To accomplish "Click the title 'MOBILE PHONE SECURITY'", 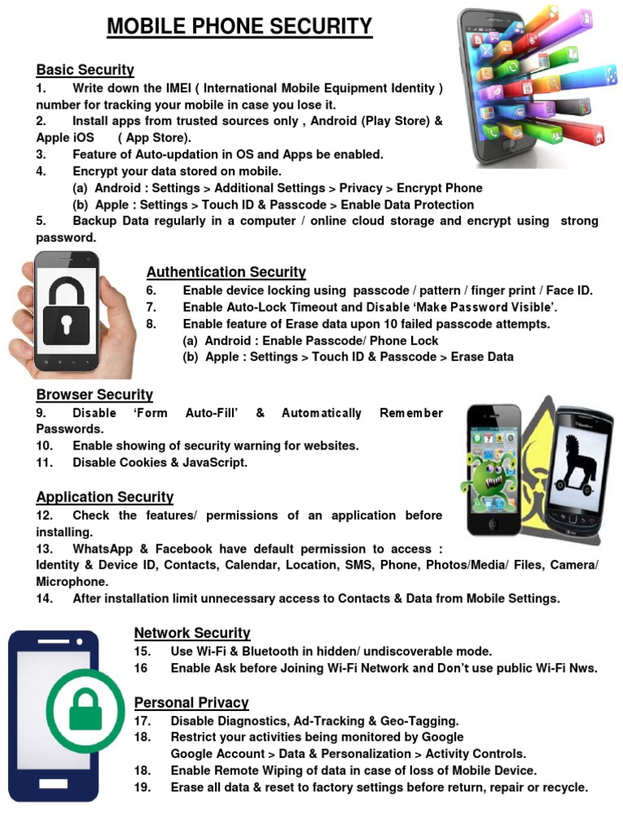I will coord(239,27).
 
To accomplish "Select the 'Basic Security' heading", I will coord(85,70).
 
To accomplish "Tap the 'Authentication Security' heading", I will coord(226,273).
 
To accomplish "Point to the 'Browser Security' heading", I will coord(94,395).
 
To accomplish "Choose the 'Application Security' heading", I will coord(105,497).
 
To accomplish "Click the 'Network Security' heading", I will coord(191,633).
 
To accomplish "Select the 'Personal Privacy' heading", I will coord(191,703).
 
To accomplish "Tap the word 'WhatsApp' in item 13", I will coord(102,549).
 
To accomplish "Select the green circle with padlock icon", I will coord(86,709).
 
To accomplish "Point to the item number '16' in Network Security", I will coord(142,669).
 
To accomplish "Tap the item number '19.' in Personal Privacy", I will coord(144,787).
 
